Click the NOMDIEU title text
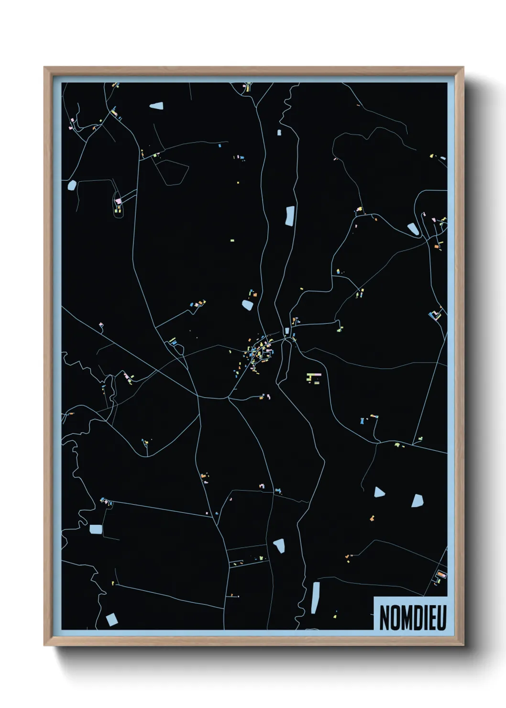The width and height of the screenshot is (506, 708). (x=412, y=618)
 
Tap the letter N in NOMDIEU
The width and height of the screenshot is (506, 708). (x=384, y=618)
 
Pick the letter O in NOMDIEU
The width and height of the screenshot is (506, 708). (x=395, y=618)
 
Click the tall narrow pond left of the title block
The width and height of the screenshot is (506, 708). (x=315, y=597)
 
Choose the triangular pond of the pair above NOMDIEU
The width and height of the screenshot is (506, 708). (x=379, y=492)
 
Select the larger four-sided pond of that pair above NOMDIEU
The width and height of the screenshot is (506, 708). (x=418, y=500)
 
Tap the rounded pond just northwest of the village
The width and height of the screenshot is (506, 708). (x=248, y=304)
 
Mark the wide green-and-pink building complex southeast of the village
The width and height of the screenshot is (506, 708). (x=314, y=377)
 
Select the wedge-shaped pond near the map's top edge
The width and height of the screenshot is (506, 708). (x=157, y=105)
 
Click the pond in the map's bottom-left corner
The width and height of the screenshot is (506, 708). (x=111, y=619)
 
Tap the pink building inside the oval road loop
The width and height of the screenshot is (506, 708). (x=119, y=201)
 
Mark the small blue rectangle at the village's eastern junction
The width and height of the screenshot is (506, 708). (x=287, y=331)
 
